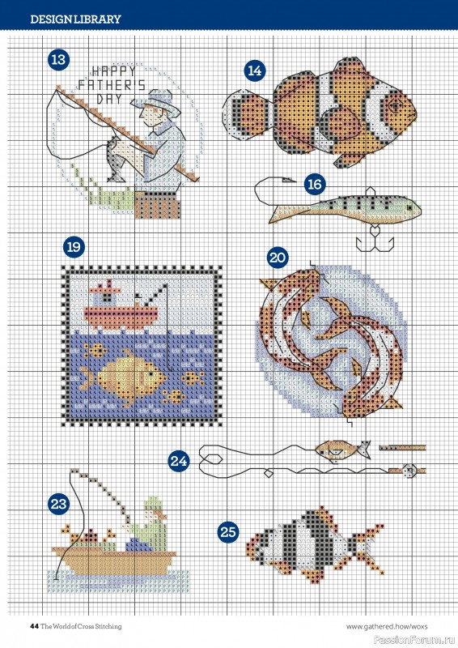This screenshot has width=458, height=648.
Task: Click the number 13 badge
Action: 57,59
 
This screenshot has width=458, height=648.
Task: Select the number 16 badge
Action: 314,184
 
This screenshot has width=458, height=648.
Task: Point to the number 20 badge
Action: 277,257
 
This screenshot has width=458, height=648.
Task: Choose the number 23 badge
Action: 57,504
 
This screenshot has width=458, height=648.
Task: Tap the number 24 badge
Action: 179,462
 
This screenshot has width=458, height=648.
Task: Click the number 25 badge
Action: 228,531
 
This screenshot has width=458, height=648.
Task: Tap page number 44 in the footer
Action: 34,626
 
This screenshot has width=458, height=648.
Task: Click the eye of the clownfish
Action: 393,104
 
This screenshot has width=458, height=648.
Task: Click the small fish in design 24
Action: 333,446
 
